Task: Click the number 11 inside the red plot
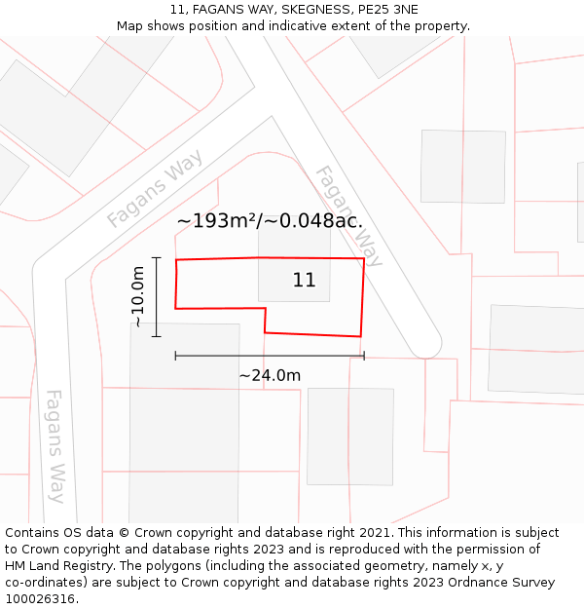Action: coord(304,281)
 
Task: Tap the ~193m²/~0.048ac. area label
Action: coord(270,221)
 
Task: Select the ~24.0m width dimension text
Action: coord(270,375)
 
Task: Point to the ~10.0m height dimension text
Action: coord(138,297)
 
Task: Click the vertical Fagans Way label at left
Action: coord(56,445)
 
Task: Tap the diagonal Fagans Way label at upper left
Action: coord(155,189)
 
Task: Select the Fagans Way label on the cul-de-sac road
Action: coord(347,215)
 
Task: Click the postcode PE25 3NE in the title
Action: coord(385,10)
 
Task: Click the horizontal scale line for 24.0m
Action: coord(270,357)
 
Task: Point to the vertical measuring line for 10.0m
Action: coord(156,297)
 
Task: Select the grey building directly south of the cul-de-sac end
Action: coord(350,436)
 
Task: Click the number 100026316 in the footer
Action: coord(40,599)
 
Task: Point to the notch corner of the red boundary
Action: coord(266,309)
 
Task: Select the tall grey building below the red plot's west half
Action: coord(185,419)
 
